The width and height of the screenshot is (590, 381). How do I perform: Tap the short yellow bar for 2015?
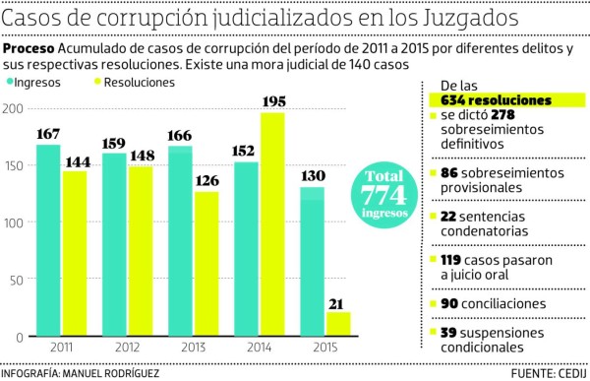(338, 324)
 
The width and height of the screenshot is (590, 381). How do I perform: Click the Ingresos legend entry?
(39, 83)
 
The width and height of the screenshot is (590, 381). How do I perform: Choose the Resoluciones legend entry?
(138, 83)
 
